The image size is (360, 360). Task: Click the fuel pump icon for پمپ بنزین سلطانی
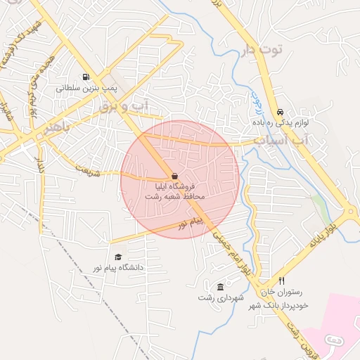pos(85,77)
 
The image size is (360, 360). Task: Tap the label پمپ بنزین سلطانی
pos(85,89)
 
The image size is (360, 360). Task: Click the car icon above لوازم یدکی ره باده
pos(281,112)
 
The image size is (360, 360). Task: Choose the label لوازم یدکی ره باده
pos(283,123)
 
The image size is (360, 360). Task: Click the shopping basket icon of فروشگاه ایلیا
pos(174,176)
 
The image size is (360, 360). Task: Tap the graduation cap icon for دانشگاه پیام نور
pos(118,257)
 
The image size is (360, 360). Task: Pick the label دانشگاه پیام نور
pos(118,268)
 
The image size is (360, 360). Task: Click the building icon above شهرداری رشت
pos(221,287)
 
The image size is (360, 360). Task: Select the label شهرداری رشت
pos(221,298)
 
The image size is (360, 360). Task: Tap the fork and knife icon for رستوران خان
pos(281,281)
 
